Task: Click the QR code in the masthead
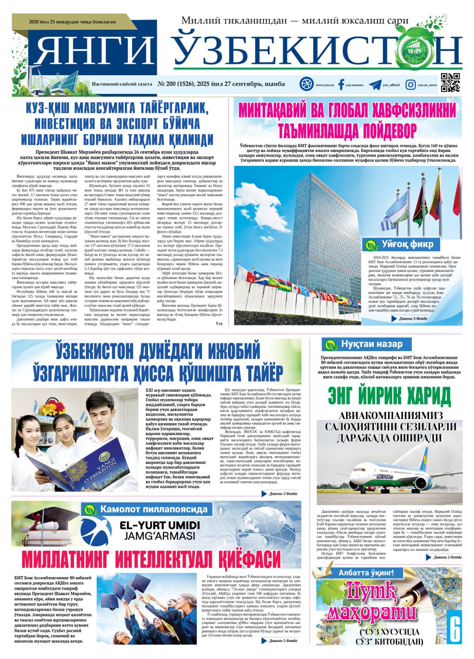pyautogui.click(x=451, y=82)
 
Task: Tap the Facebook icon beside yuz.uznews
pyautogui.click(x=341, y=85)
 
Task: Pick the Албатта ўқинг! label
pyautogui.click(x=366, y=572)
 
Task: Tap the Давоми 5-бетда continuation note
pyautogui.click(x=280, y=640)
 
